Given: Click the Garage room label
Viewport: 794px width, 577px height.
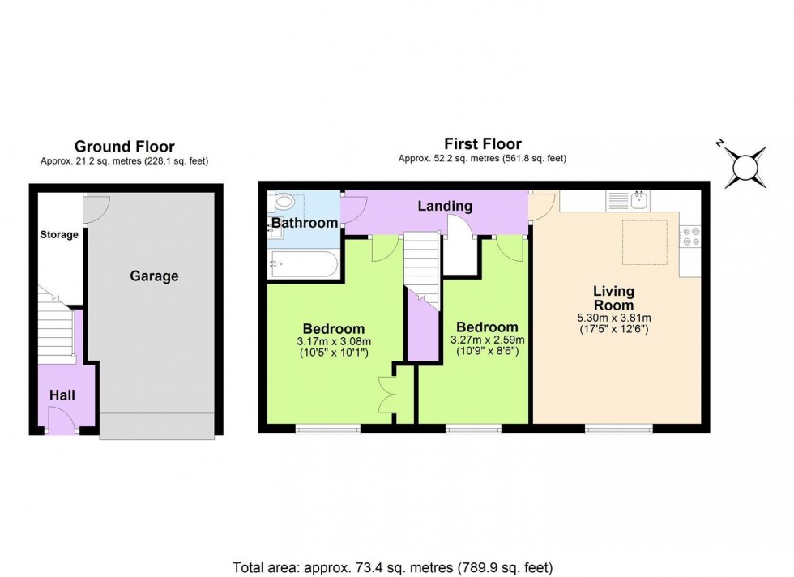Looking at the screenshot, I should click(x=154, y=276).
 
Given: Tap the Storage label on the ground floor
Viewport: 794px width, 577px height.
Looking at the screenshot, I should click(x=59, y=235).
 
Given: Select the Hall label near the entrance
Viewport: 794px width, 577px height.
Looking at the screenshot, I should click(x=62, y=395).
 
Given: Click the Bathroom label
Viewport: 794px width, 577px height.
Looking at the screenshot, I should click(x=304, y=223).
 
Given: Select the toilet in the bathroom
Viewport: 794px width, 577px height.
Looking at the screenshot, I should click(x=284, y=203).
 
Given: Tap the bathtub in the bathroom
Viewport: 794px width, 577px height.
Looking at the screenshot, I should click(x=302, y=265).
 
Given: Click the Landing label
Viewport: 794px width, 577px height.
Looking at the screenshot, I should click(x=444, y=207).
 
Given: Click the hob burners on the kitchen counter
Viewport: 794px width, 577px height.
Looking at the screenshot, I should click(x=691, y=235).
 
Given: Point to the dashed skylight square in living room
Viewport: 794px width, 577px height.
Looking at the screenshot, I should click(x=643, y=241).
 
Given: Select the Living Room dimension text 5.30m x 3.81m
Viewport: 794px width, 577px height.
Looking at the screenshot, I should click(x=613, y=318).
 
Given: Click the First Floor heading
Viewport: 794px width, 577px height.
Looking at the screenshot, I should click(x=482, y=145).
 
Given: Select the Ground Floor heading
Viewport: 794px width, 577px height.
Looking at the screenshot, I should click(x=124, y=147).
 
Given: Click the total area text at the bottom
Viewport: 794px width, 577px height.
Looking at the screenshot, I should click(x=393, y=567).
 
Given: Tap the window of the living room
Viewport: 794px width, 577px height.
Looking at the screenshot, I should click(x=619, y=429).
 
